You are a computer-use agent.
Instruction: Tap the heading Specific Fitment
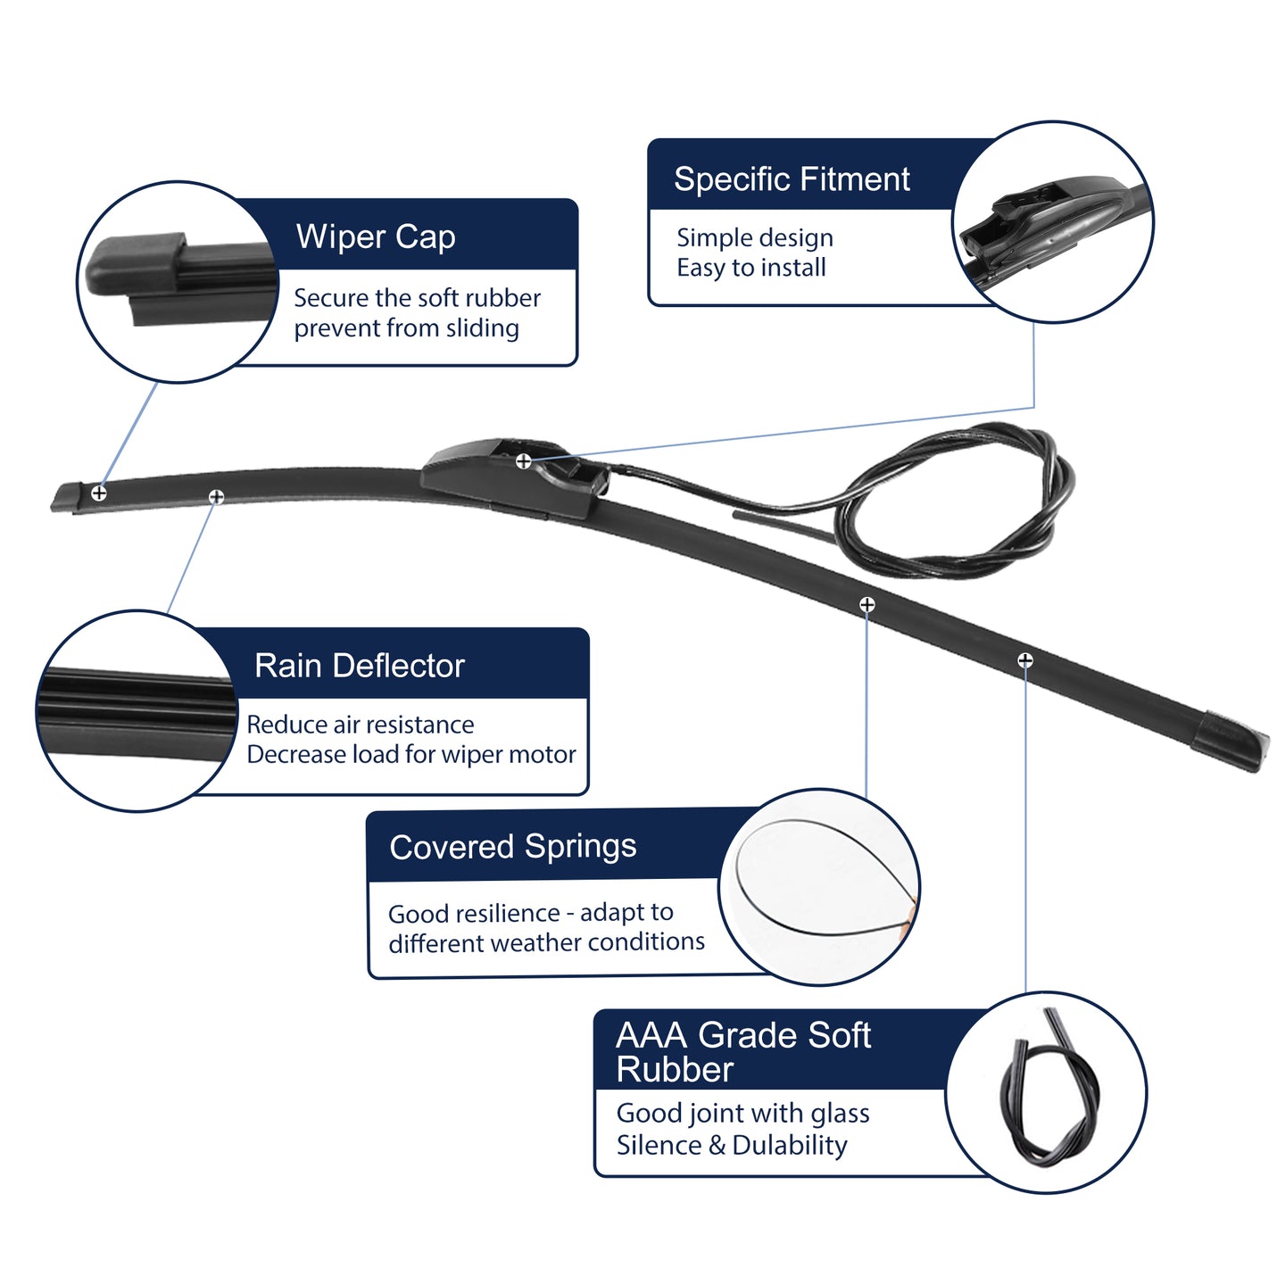pos(792,178)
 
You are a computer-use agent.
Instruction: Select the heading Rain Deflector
pos(360,666)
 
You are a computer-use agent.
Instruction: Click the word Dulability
pos(790,1145)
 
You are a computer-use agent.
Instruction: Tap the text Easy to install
pos(750,268)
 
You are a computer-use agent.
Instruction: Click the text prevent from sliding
pos(406,328)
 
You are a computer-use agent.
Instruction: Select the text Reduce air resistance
pos(361,725)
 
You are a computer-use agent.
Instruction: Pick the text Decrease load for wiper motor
pos(410,754)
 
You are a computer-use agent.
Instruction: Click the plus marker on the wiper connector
pos(524,460)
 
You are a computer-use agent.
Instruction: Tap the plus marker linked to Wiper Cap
pos(99,493)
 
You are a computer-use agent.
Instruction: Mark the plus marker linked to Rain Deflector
pos(216,497)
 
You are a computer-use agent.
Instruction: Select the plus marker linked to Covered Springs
pos(866,604)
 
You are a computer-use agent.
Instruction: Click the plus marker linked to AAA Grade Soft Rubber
pos(1025,660)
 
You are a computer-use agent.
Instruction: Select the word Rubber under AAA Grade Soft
pos(675,1070)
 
